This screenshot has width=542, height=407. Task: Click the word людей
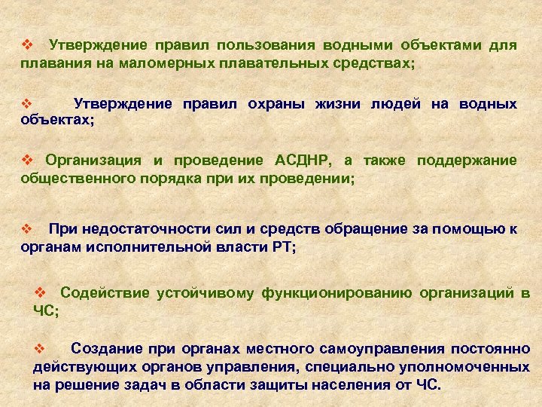[x=396, y=103]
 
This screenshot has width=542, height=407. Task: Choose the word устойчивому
[x=205, y=292]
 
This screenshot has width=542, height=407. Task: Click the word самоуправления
[x=385, y=348]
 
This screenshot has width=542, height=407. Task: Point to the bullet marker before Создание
[x=42, y=348]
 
